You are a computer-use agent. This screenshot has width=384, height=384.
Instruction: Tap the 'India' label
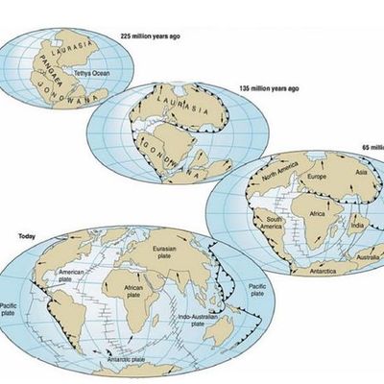[x=354, y=226]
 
